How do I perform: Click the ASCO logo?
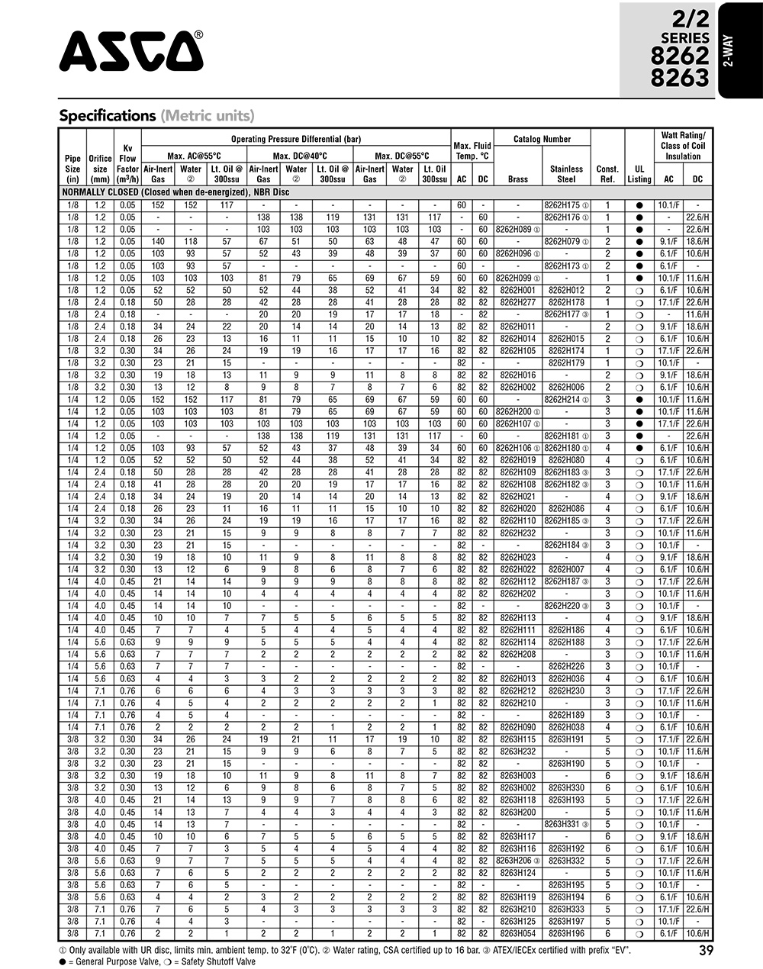click(131, 51)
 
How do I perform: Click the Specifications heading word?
click(108, 116)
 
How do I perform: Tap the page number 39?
click(706, 951)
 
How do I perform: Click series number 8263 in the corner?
click(679, 77)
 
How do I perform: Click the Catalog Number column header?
click(542, 140)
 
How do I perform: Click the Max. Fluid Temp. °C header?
click(472, 150)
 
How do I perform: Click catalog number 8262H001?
click(517, 290)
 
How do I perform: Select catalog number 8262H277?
click(517, 302)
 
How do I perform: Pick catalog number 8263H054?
click(517, 933)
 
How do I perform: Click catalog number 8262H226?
click(566, 666)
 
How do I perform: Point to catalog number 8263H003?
click(517, 775)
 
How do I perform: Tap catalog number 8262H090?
click(517, 727)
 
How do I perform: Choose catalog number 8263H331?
click(564, 824)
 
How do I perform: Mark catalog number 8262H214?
click(564, 399)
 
